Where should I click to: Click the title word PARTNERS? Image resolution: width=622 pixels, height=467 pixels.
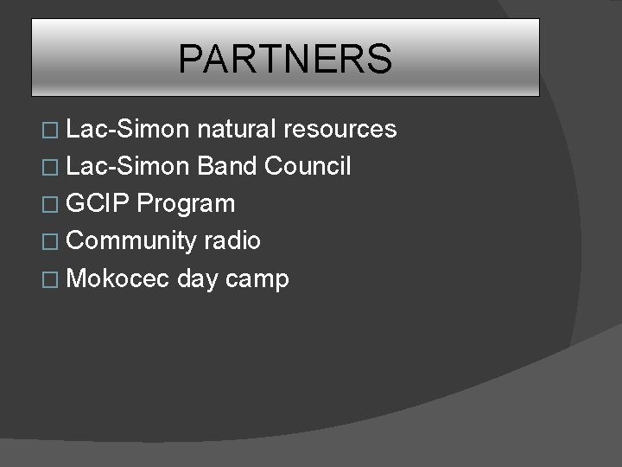pyautogui.click(x=285, y=60)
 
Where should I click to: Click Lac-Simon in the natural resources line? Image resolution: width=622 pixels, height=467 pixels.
pyautogui.click(x=128, y=130)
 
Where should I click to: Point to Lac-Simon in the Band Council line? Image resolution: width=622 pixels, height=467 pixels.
pyautogui.click(x=128, y=166)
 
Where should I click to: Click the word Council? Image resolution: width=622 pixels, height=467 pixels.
pyautogui.click(x=308, y=166)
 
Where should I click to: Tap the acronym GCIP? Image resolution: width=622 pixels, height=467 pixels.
pyautogui.click(x=98, y=203)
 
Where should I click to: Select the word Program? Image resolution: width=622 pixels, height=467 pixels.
pyautogui.click(x=186, y=204)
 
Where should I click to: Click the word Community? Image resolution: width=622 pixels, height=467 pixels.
pyautogui.click(x=131, y=241)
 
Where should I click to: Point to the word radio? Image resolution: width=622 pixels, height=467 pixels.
pyautogui.click(x=232, y=240)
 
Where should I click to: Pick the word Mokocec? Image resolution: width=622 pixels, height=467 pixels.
pyautogui.click(x=118, y=278)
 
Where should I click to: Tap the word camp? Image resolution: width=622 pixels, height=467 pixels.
pyautogui.click(x=260, y=280)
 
